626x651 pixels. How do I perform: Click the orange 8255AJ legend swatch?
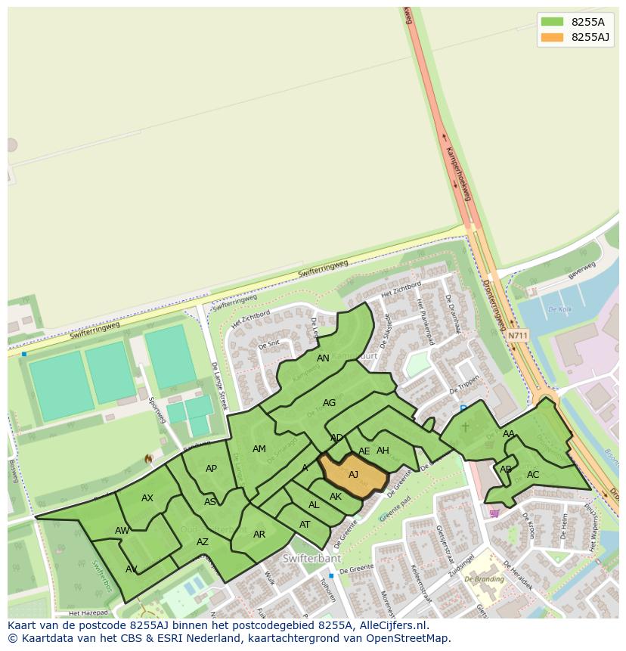coord(553,37)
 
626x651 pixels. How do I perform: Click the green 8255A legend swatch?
coord(553,22)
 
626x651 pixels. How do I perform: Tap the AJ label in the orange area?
coord(353,475)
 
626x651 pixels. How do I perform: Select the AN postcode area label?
coord(323,358)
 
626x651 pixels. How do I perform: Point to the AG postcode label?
coord(329,403)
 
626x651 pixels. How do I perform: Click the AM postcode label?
coord(259,449)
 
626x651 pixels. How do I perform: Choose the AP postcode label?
coord(211,469)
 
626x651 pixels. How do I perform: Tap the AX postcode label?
coord(147,498)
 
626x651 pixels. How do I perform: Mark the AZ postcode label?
coord(203,542)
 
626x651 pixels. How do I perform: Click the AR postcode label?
coord(259,535)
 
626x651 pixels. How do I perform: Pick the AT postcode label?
coord(305,525)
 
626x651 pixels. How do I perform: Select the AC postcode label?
coord(533,475)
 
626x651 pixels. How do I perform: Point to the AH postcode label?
coord(383,451)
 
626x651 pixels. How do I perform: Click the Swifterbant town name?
coord(311,559)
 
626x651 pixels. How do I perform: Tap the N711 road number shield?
coord(518,336)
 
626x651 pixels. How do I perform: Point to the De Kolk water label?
coord(559,310)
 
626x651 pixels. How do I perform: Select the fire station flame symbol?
coord(148,459)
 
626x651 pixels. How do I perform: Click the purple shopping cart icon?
coord(494,513)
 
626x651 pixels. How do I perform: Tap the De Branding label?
coord(484,579)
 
